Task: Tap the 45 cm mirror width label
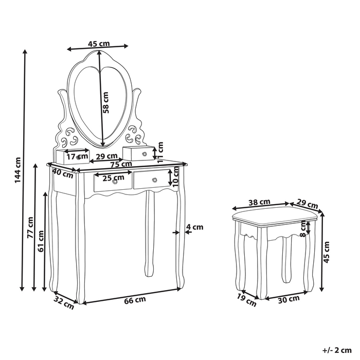click(x=98, y=44)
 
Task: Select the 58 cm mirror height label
click(x=106, y=102)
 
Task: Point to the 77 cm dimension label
click(x=30, y=228)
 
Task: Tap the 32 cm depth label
click(x=64, y=302)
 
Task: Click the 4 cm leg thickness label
click(x=194, y=227)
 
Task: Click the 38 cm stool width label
click(x=260, y=202)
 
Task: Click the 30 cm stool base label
click(x=290, y=299)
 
